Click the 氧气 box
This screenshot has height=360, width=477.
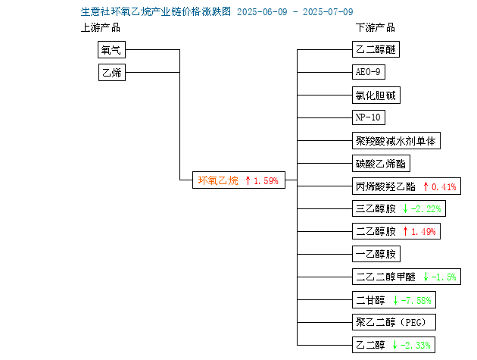111,50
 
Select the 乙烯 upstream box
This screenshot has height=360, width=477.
112,72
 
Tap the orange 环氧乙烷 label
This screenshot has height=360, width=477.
218,180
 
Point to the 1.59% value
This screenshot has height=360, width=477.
266,181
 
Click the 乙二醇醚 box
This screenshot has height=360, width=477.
376,49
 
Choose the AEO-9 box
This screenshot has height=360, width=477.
369,72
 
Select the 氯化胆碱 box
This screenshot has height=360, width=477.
376,95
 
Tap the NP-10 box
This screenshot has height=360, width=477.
369,117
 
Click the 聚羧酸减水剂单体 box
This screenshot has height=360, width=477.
396,141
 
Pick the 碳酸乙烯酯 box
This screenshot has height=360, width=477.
381,164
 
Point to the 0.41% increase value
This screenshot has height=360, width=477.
444,186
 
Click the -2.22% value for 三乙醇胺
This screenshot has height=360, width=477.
426,209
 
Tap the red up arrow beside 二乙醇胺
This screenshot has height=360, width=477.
405,231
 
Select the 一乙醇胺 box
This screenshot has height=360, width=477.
376,254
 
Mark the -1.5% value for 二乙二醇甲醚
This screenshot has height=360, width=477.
444,277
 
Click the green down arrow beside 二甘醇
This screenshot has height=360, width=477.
395,300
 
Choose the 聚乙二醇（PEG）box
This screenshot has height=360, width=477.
394,322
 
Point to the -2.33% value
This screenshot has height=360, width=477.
415,345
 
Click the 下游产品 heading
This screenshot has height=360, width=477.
376,28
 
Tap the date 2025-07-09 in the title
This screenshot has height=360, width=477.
328,12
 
